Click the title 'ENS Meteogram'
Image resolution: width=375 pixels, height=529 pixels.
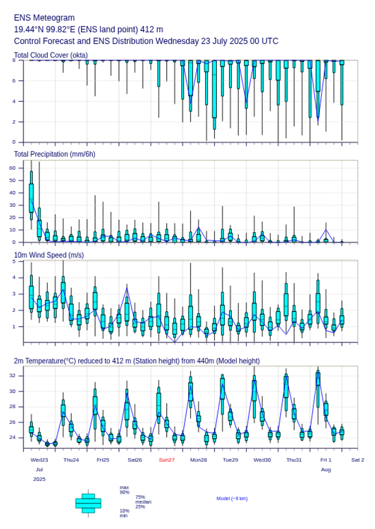coord(44,18)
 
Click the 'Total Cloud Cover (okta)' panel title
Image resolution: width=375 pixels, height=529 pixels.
coord(51,55)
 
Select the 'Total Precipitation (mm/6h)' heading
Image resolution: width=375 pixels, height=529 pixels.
coord(55,154)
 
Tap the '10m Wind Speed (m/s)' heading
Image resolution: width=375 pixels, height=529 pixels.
coord(49,255)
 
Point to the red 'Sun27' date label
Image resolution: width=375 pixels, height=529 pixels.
coord(167,460)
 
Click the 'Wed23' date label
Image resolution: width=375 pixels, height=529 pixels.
coord(39,460)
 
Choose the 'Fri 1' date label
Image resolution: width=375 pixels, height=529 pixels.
coord(326,460)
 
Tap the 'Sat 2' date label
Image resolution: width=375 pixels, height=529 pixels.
coord(358,460)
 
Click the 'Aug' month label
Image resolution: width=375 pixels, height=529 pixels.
coord(326,470)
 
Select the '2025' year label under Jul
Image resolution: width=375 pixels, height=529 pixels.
coord(39,479)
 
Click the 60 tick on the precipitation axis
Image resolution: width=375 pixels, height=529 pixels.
coord(13,167)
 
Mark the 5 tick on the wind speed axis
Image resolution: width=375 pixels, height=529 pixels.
coord(14,262)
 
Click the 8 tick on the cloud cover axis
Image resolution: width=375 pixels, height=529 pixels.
coord(14,60)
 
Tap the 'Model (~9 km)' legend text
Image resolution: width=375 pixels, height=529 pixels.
coord(232,498)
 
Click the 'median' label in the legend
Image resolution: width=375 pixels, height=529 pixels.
coord(143,502)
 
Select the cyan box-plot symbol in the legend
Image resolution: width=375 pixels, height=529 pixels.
coord(88,503)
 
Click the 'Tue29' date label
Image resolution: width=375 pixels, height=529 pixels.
coord(230,460)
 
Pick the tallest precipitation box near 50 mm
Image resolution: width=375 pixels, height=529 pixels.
coord(31,198)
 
